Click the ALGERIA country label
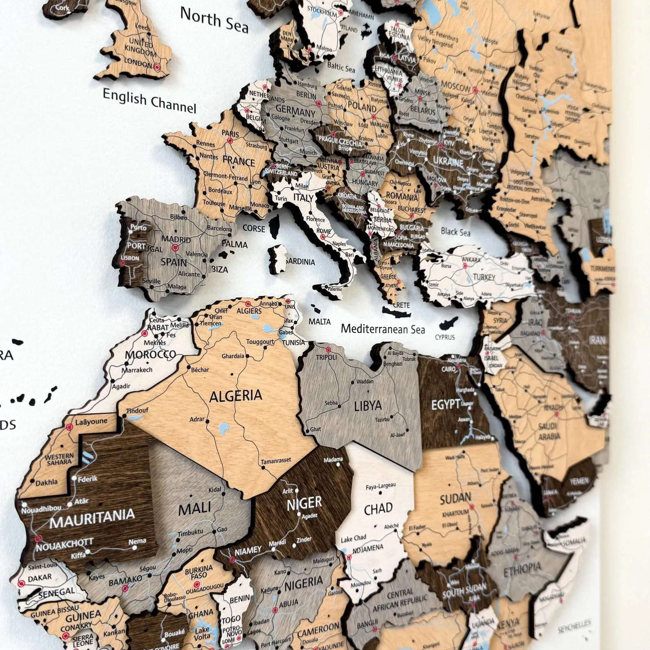click(236, 396)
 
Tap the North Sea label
click(214, 20)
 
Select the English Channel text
click(149, 100)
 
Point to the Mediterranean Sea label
click(383, 329)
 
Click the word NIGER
click(304, 503)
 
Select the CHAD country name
click(378, 509)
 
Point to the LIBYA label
click(368, 406)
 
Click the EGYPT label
click(446, 405)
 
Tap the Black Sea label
click(455, 232)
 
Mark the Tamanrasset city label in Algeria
click(276, 461)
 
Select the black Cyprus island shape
click(449, 323)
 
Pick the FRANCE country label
click(239, 161)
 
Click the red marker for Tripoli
click(328, 350)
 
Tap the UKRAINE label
click(448, 162)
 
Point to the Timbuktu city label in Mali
click(190, 532)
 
